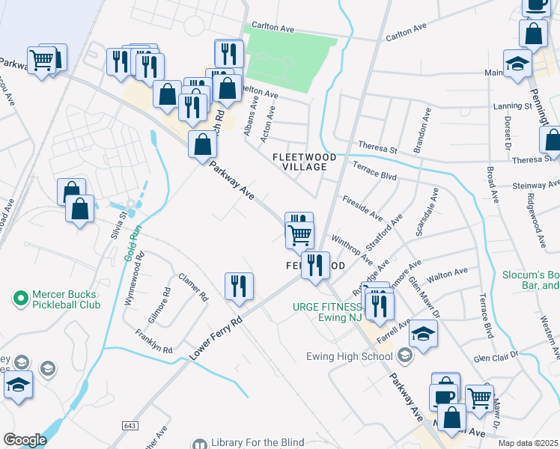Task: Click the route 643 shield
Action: click(x=130, y=425)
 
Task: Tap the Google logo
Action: click(x=25, y=440)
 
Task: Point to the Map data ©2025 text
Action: click(x=528, y=443)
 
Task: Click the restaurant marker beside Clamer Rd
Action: click(x=239, y=287)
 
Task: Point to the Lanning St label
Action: click(x=512, y=106)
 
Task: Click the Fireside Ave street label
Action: click(x=362, y=207)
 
